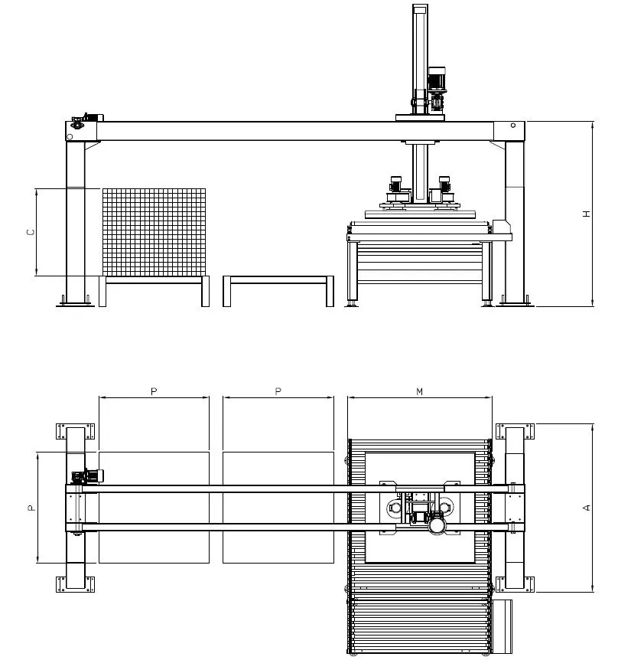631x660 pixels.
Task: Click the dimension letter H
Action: pyautogui.click(x=587, y=214)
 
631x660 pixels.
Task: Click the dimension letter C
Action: pyautogui.click(x=30, y=231)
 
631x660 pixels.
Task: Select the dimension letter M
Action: pyautogui.click(x=419, y=391)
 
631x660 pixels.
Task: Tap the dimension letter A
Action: pyautogui.click(x=587, y=507)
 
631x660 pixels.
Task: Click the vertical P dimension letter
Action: pyautogui.click(x=30, y=507)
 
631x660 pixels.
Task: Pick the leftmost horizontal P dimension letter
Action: pyautogui.click(x=153, y=391)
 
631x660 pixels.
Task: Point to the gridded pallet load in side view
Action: pyautogui.click(x=154, y=231)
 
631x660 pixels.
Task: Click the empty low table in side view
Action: pyautogui.click(x=278, y=282)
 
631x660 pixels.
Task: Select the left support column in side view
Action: pyautogui.click(x=75, y=222)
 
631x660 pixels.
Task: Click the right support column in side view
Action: pyautogui.click(x=515, y=222)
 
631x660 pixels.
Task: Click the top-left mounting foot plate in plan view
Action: pyautogui.click(x=61, y=431)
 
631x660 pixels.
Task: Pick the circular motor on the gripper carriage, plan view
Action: pyautogui.click(x=437, y=527)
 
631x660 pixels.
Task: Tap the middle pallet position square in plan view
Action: pyautogui.click(x=278, y=507)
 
